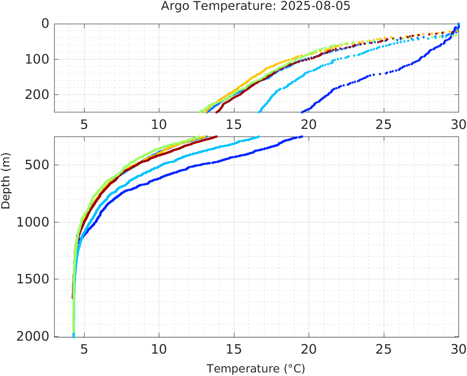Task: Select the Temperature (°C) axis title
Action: [x=256, y=368]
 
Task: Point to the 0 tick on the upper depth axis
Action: [x=45, y=23]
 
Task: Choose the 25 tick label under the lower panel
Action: [x=384, y=349]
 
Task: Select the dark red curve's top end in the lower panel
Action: [x=217, y=137]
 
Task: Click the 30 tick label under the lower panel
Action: [x=457, y=349]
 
